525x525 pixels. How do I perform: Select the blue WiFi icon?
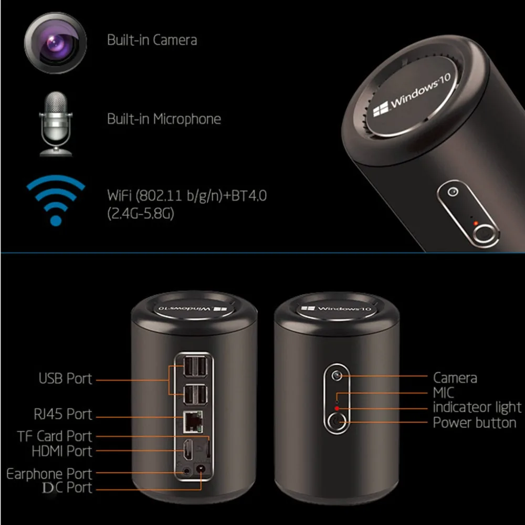56,199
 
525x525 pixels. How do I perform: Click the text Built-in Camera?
152,40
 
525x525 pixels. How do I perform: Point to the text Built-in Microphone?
164,119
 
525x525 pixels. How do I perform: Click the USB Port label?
65,378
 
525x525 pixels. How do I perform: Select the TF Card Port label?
55,436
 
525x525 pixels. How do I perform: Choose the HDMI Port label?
61,451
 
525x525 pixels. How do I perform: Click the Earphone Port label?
49,474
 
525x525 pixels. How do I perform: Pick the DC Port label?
67,488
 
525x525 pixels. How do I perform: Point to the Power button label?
475,423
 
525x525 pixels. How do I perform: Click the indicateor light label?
477,407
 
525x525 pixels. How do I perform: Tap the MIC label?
444,393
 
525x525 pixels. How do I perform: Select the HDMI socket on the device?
188,451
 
